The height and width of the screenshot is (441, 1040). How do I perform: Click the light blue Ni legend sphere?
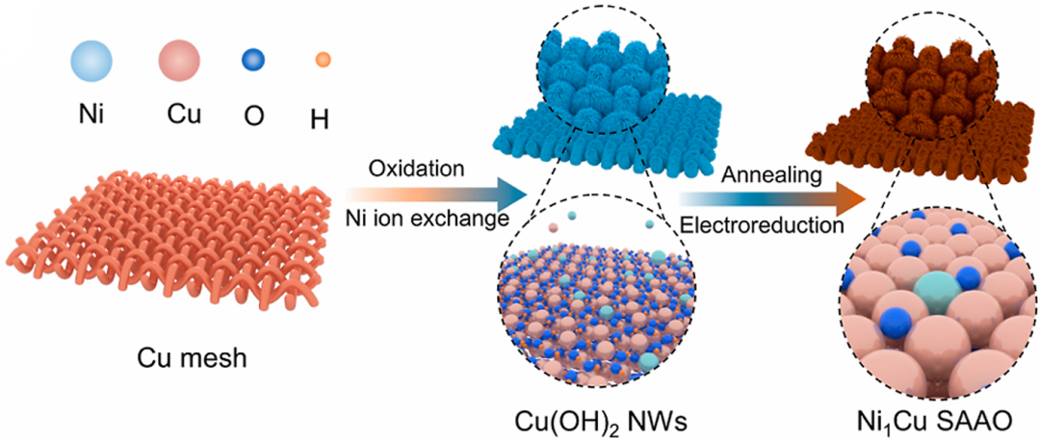point(91,63)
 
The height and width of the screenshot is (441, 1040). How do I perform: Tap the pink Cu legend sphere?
point(179,63)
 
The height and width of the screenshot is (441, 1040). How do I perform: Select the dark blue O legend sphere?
point(253,62)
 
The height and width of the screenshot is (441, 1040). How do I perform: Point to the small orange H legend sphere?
point(324,61)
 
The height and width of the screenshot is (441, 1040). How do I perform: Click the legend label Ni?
point(91,116)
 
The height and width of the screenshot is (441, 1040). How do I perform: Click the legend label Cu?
point(181,116)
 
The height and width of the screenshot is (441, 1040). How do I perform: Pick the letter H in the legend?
point(321,120)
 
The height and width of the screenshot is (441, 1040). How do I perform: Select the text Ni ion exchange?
point(426,220)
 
